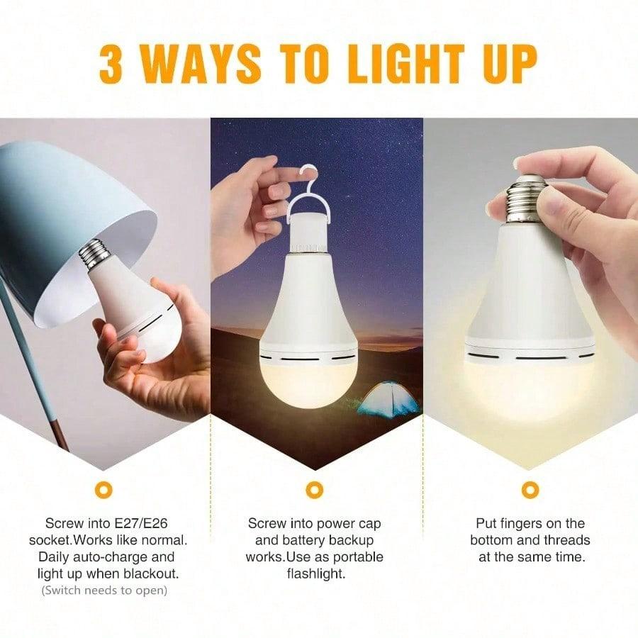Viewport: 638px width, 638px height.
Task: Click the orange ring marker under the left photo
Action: (105, 489)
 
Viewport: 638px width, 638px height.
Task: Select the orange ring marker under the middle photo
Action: (314, 489)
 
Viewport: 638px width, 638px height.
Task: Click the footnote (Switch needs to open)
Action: (104, 590)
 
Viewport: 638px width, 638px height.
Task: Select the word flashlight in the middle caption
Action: (316, 573)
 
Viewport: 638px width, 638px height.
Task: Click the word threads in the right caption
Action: (567, 540)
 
